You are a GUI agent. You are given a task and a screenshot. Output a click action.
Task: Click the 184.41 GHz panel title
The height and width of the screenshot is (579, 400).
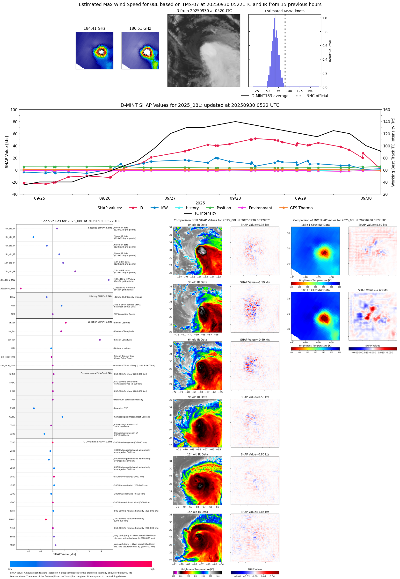point(94,29)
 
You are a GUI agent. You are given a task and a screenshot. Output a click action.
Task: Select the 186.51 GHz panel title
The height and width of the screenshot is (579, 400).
point(140,29)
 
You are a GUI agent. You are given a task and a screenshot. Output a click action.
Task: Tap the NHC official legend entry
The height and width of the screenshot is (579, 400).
point(317,96)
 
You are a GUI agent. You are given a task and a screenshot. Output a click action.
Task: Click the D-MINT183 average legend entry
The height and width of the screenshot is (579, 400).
point(270,96)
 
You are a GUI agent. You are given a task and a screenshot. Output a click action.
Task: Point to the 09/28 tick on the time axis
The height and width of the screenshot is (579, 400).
point(235,198)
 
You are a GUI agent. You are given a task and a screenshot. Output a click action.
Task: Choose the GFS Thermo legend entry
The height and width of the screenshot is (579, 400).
point(301,208)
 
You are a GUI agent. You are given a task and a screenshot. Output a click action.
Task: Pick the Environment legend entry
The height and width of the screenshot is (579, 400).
point(260,208)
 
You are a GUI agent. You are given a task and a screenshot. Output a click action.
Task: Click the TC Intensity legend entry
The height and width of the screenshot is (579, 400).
point(205,213)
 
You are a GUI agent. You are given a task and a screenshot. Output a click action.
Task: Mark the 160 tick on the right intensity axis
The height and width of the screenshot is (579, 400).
point(386,110)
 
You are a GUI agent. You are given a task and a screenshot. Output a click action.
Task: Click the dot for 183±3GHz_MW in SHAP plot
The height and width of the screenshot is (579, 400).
point(21,289)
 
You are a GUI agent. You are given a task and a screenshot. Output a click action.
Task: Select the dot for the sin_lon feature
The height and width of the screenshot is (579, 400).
point(100,340)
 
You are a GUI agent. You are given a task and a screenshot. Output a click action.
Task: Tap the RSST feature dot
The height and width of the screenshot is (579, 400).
point(34,408)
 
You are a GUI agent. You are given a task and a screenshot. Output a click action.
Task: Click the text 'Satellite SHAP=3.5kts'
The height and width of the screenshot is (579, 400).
point(100,228)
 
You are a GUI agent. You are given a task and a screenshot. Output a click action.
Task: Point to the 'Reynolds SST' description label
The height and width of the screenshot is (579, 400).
point(121,408)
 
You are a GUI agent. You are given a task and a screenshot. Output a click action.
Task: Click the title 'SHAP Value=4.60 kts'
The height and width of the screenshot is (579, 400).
point(372,225)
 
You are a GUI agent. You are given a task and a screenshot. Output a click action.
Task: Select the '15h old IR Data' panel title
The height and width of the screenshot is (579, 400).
point(197,512)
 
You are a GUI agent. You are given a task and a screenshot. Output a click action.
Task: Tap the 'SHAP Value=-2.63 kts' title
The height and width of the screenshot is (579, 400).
point(372,290)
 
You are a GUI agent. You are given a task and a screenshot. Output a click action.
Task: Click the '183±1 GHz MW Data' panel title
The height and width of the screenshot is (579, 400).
point(315,225)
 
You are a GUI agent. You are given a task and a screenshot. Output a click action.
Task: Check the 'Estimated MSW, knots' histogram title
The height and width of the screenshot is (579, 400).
point(284,11)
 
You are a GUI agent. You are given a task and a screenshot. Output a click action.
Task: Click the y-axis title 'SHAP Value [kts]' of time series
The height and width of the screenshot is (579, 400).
point(7,152)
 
